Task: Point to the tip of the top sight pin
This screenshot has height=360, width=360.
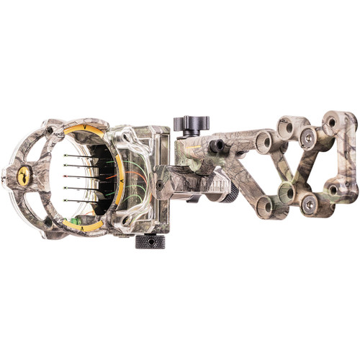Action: tap(67, 155)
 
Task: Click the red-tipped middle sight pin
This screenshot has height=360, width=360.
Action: tap(68, 176)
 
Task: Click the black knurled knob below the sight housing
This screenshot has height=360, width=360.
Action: tap(150, 241)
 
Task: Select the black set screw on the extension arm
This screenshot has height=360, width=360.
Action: tap(215, 146)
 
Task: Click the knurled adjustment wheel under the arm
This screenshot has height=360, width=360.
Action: tap(230, 193)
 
